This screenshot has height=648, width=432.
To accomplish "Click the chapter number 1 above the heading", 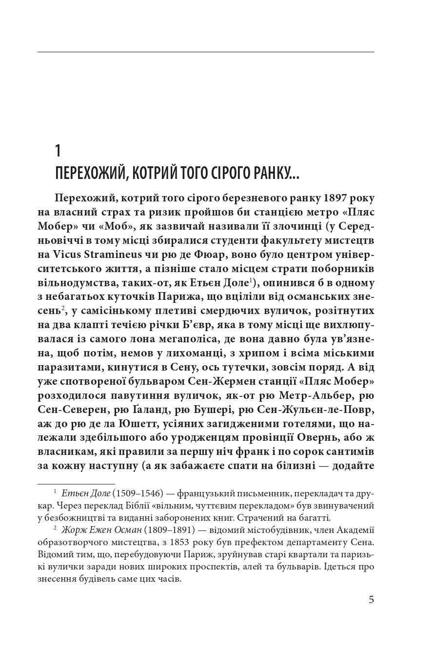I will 58,151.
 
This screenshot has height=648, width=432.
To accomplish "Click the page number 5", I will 371,600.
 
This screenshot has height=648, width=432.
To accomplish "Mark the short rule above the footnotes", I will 69,484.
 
